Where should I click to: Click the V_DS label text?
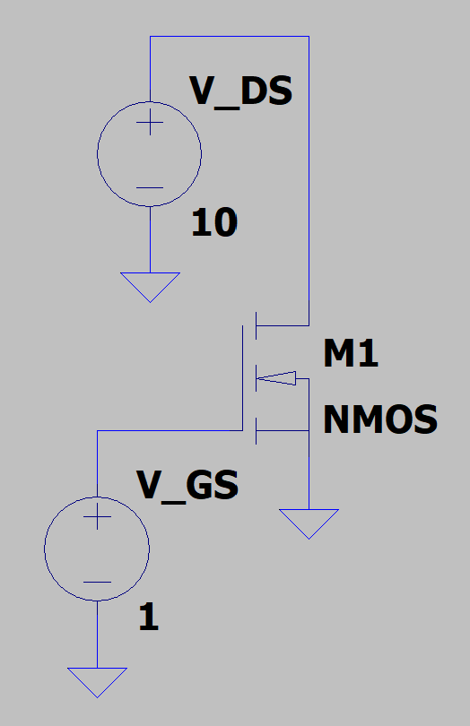[240, 92]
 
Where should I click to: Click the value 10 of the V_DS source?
[213, 223]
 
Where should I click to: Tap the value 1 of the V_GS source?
[149, 618]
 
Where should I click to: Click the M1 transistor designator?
[351, 355]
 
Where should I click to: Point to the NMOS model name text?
[379, 419]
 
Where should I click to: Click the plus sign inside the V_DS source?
[150, 125]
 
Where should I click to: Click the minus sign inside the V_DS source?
[150, 188]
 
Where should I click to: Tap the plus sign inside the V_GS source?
[97, 517]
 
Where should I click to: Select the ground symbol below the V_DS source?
[150, 286]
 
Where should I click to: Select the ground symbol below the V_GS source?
[97, 680]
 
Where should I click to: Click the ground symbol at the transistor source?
[309, 522]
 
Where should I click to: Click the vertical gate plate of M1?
[243, 377]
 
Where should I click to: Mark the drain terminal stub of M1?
[283, 324]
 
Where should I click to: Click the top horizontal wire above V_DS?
[229, 37]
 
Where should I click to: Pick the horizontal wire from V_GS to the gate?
[170, 430]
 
